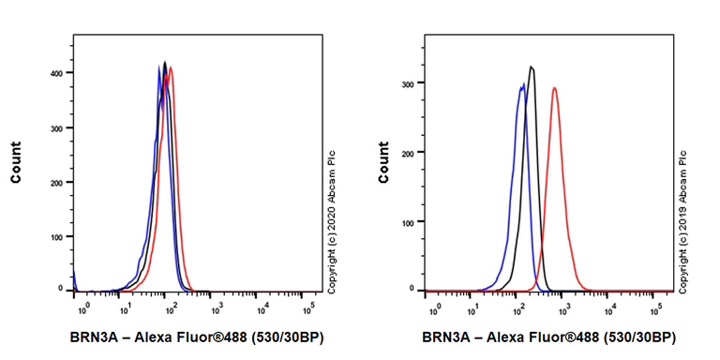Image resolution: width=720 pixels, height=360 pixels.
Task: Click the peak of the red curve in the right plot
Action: click(x=554, y=88)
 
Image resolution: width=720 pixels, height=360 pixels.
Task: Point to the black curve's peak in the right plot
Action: click(x=532, y=67)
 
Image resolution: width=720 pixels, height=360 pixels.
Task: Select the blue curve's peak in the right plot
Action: click(x=521, y=84)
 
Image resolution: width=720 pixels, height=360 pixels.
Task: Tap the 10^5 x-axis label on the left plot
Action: click(x=309, y=307)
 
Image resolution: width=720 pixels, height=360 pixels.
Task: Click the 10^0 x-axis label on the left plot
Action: click(x=82, y=307)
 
